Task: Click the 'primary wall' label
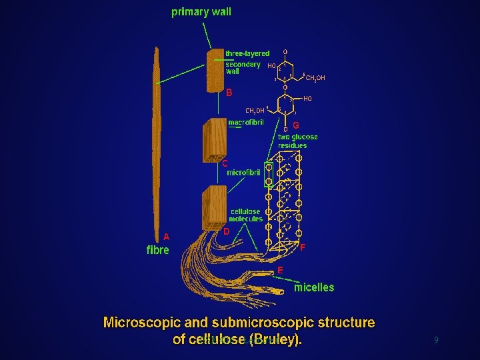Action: tap(201, 12)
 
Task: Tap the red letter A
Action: tap(166, 236)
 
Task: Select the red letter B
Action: tap(229, 93)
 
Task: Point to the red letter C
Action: tap(225, 163)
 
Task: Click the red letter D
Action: tap(227, 231)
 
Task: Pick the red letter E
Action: tap(280, 270)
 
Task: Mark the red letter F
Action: tap(303, 247)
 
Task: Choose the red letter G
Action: tap(295, 125)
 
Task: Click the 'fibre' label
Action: tap(158, 251)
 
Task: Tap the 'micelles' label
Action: tap(315, 287)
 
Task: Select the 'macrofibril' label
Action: tap(246, 123)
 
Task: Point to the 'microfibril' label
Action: tap(243, 172)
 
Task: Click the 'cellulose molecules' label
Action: tap(246, 215)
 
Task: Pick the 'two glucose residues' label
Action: tap(297, 141)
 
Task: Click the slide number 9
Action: tap(436, 340)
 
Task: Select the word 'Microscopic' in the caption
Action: tap(141, 323)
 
